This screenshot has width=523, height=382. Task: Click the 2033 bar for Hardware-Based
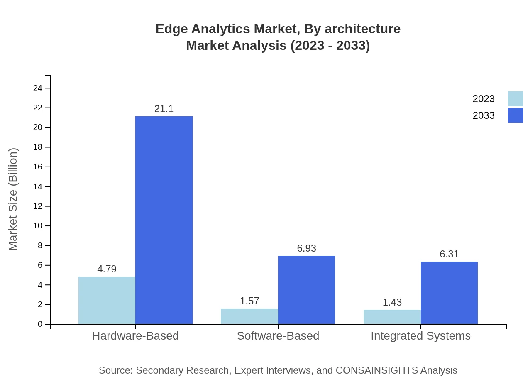(164, 220)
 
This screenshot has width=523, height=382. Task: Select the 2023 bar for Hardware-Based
(107, 300)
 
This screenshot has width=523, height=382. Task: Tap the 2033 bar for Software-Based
(306, 290)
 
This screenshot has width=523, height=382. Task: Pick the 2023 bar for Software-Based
(249, 316)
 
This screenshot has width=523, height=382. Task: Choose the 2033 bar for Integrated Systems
(449, 293)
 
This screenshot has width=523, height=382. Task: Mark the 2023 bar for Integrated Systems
(392, 317)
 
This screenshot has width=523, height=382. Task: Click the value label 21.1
(164, 109)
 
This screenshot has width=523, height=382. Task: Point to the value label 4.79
(107, 269)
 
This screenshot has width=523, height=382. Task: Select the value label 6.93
(306, 248)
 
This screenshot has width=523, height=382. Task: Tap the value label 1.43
(392, 302)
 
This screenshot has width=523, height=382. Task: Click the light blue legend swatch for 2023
(516, 99)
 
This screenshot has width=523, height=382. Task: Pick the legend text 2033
(484, 115)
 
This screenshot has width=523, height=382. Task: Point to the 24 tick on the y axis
(38, 88)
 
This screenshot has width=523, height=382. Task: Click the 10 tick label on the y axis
(38, 226)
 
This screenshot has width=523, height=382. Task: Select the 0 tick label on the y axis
(40, 324)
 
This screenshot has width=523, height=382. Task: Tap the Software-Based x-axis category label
(278, 336)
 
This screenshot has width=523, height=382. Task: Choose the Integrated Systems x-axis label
(420, 336)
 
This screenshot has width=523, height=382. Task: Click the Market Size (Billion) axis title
(13, 199)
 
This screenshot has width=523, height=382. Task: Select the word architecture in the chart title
(362, 29)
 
